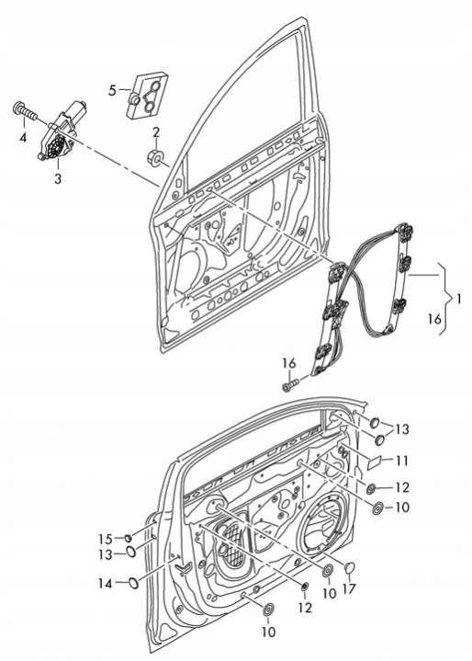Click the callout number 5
click(x=112, y=90)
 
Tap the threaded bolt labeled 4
click(x=25, y=111)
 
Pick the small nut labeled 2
click(x=154, y=157)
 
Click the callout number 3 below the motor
click(x=58, y=178)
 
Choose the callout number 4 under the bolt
click(x=23, y=137)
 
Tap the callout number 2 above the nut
click(x=156, y=132)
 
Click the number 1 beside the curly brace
click(x=458, y=299)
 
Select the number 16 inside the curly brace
click(x=434, y=319)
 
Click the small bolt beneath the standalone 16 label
click(x=290, y=384)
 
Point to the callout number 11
click(x=402, y=461)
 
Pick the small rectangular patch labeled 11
click(x=375, y=463)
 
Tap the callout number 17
click(x=350, y=588)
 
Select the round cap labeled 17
click(x=350, y=568)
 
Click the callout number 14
click(x=106, y=584)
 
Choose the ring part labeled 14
click(x=133, y=583)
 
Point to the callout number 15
click(x=106, y=539)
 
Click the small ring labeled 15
click(x=127, y=538)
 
